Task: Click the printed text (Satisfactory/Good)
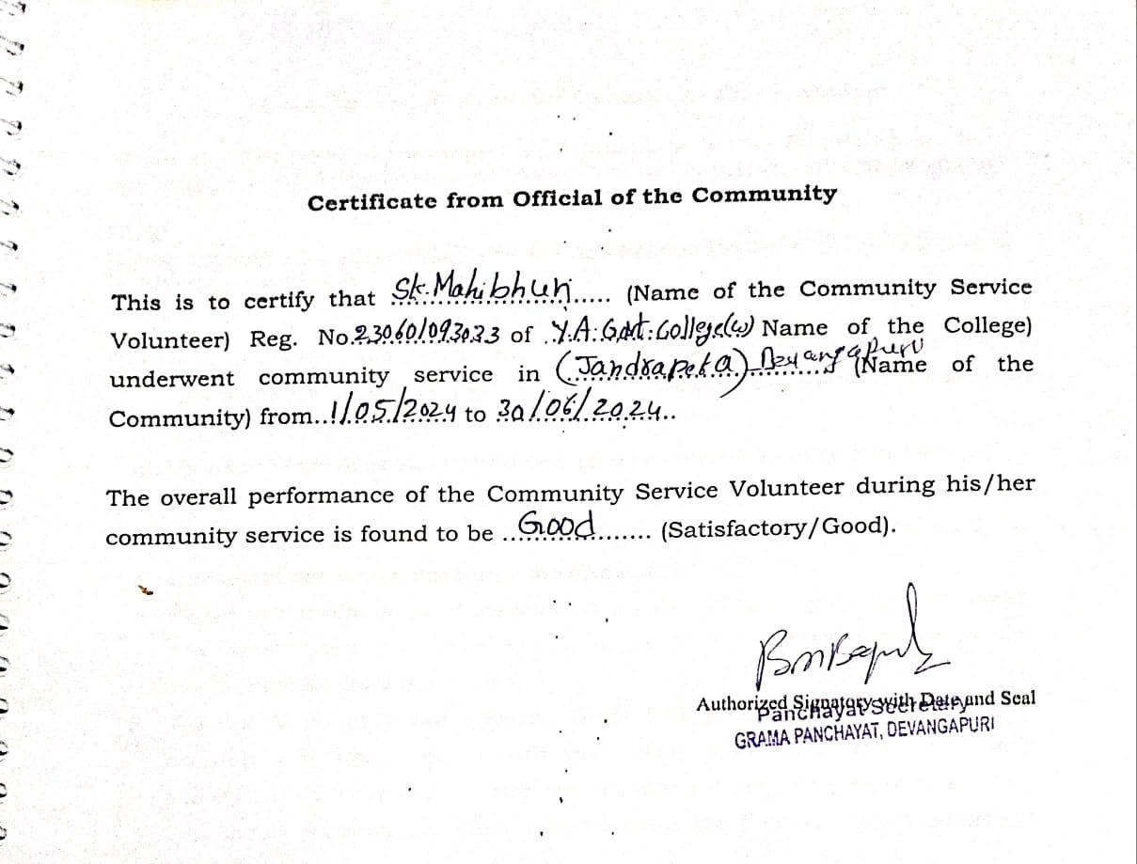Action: pyautogui.click(x=777, y=527)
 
